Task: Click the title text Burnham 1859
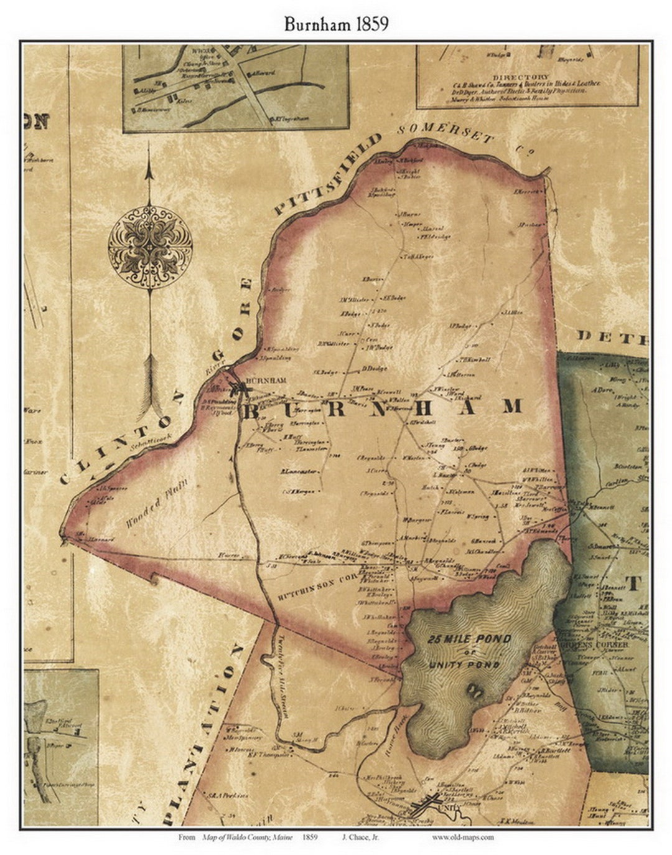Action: point(336,24)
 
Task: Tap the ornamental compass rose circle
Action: point(150,247)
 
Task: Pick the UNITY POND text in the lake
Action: point(464,665)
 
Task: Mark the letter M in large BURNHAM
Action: point(513,406)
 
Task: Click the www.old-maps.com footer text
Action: point(463,837)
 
